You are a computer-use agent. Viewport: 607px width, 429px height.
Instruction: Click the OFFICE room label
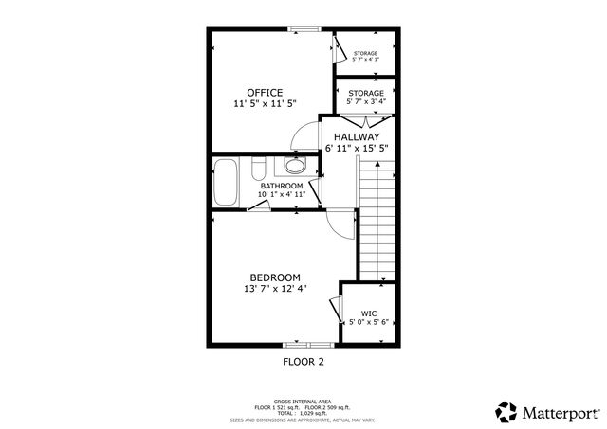pos(265,92)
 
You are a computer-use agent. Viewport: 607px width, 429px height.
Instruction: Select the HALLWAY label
pos(357,136)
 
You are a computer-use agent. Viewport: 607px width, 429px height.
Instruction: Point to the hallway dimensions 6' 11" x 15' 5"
pos(357,148)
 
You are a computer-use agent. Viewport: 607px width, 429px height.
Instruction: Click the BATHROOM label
pos(282,186)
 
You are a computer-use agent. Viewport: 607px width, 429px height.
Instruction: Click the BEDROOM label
pos(275,277)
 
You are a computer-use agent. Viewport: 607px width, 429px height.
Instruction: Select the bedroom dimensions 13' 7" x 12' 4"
pos(275,288)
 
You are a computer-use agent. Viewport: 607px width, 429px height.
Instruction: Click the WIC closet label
pos(369,313)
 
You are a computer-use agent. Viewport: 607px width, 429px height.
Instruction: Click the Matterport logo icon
pos(506,412)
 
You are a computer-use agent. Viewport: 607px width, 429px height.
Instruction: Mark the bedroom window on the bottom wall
pos(309,344)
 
